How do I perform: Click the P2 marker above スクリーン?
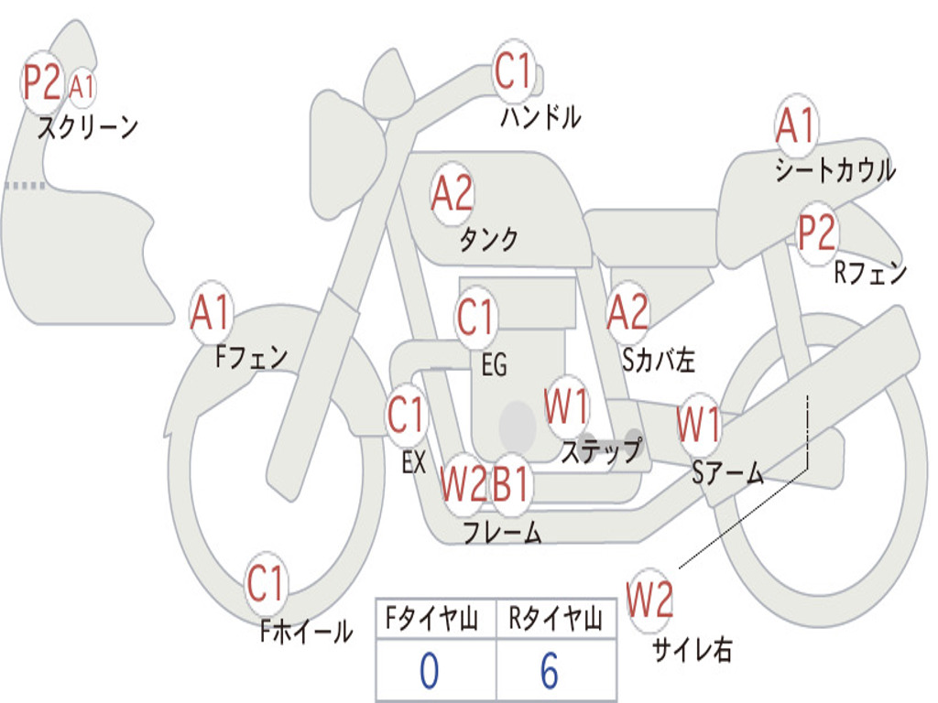coord(42,82)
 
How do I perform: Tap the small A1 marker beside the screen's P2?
coord(82,87)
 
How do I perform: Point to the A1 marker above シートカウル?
coord(795,125)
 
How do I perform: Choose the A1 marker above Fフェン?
coord(212,313)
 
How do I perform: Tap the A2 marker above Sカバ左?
coord(628,312)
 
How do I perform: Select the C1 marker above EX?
coord(406,416)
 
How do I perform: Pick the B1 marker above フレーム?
coord(510,483)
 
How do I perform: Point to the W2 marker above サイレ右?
coord(649,600)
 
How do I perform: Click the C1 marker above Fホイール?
coord(267,584)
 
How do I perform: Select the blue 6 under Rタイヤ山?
coord(550,671)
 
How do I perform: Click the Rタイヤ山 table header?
coord(555,622)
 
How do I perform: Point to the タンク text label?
coord(488,240)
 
